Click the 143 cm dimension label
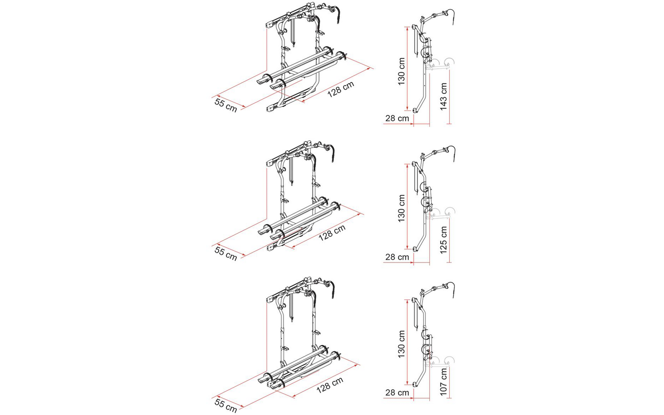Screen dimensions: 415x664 (444, 96)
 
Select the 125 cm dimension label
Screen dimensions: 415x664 (444, 240)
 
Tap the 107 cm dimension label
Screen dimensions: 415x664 (444, 382)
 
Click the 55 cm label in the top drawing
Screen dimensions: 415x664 (226, 105)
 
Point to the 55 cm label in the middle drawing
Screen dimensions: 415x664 (226, 253)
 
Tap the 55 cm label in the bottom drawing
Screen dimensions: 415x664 (226, 405)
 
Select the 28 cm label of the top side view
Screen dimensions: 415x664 (397, 118)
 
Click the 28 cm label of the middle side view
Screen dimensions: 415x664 (397, 257)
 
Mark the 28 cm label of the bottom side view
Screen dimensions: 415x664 (397, 393)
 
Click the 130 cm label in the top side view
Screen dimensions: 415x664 (401, 71)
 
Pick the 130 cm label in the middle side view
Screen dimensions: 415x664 (401, 208)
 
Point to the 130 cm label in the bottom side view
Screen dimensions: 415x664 (401, 344)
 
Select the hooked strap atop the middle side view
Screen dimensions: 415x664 (452, 152)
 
